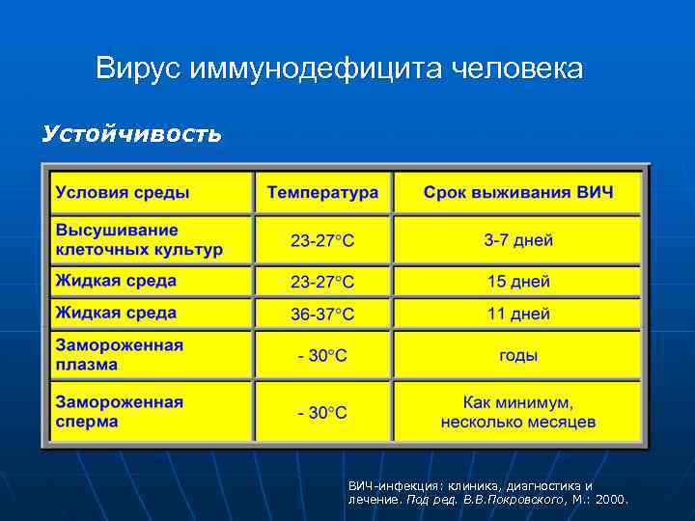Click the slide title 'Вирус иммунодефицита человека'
tap(339, 69)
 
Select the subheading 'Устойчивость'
tap(131, 133)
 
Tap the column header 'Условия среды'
tap(123, 192)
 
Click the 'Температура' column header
tap(322, 192)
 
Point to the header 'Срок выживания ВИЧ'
tap(517, 192)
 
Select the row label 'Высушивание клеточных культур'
tap(139, 239)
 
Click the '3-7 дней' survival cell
tap(517, 239)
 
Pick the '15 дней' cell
tap(517, 282)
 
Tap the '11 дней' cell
tap(517, 314)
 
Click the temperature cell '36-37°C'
tap(322, 315)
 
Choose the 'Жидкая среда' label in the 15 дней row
tap(116, 281)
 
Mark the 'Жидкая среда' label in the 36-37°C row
tap(116, 313)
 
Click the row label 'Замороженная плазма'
tap(119, 354)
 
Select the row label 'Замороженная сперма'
tap(119, 412)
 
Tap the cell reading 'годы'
tap(517, 355)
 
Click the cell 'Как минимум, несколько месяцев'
tap(517, 412)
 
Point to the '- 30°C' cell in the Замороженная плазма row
tap(322, 356)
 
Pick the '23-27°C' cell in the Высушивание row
tap(322, 240)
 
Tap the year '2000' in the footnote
tap(610, 500)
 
